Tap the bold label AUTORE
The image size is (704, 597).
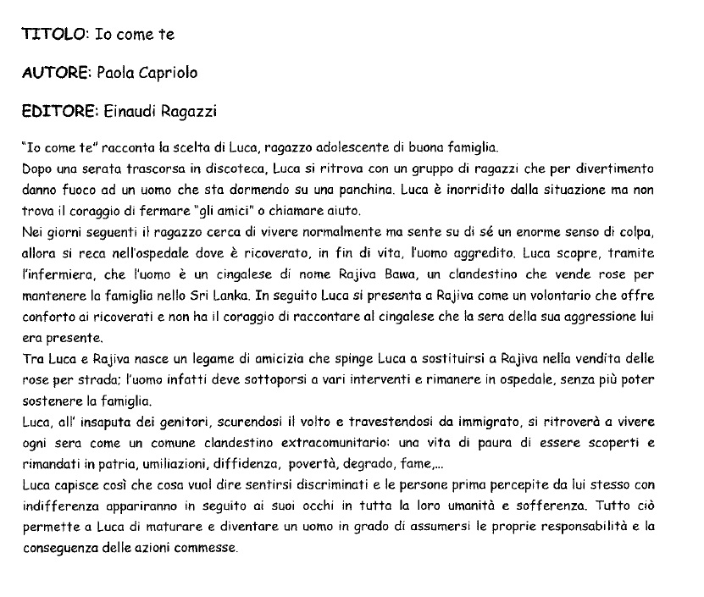[55, 73]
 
